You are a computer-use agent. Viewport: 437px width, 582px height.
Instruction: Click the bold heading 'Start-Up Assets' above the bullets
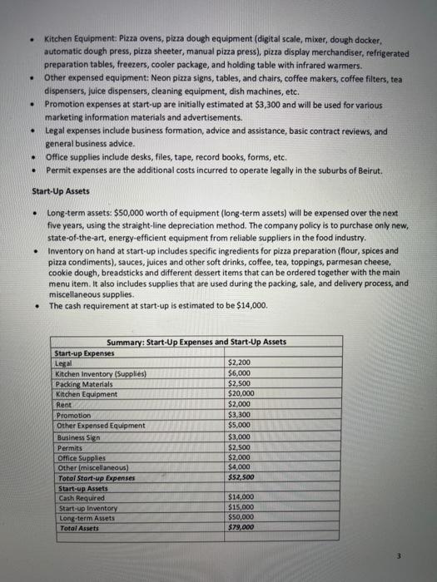pyautogui.click(x=49, y=190)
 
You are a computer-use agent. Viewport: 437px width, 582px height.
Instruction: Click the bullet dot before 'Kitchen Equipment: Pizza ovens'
pyautogui.click(x=31, y=40)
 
